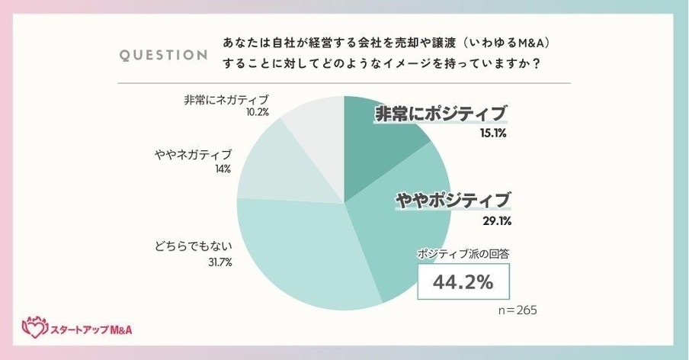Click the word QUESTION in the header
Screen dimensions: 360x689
(164, 55)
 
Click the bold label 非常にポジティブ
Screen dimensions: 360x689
(440, 114)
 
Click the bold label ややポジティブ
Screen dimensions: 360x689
(452, 201)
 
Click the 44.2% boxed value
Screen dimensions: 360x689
(463, 282)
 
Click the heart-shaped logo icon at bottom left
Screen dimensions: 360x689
(34, 327)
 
